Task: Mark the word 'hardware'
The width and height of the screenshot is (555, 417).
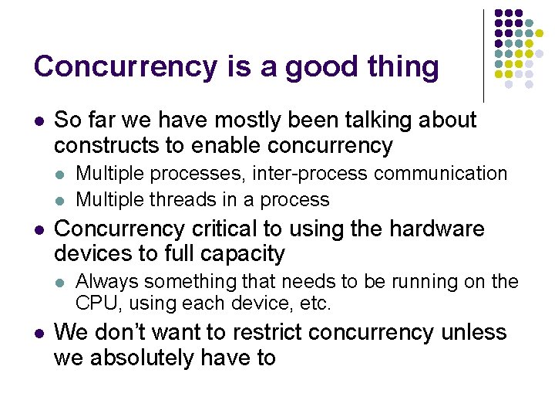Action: [x=437, y=229]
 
